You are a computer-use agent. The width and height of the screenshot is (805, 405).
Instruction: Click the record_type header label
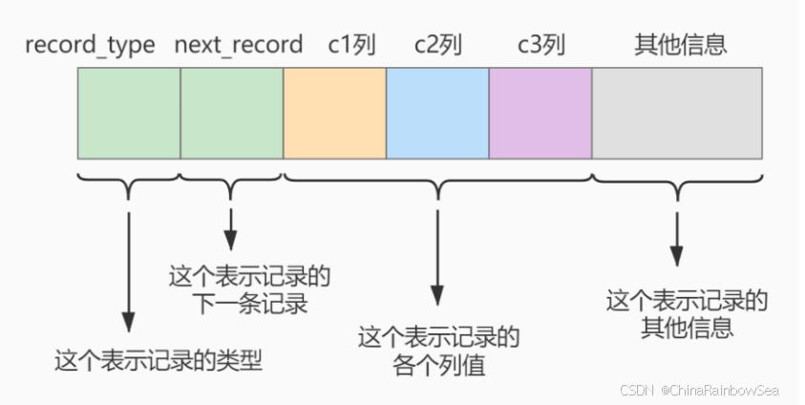(x=90, y=45)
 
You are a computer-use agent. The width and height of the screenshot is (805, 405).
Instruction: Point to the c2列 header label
(x=437, y=45)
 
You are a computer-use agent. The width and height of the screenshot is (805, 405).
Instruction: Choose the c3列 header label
(x=540, y=45)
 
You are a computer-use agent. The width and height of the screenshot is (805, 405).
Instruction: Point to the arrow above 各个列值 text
(x=437, y=258)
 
